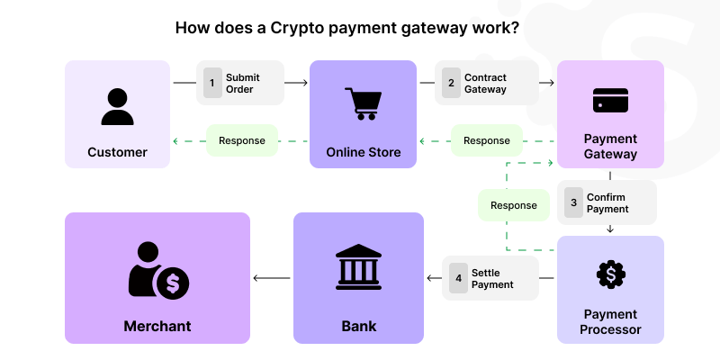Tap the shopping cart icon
click(363, 103)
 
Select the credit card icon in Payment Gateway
click(610, 100)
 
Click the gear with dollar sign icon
click(611, 274)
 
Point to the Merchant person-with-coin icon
click(158, 271)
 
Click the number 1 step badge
click(212, 84)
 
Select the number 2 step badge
click(451, 84)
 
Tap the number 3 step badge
click(573, 203)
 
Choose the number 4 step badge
click(457, 279)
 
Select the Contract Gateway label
click(485, 84)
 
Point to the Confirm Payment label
click(607, 203)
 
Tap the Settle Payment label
click(492, 279)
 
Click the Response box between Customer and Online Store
click(242, 140)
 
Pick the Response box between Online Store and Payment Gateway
click(486, 140)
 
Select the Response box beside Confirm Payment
click(514, 205)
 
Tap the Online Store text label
click(363, 152)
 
